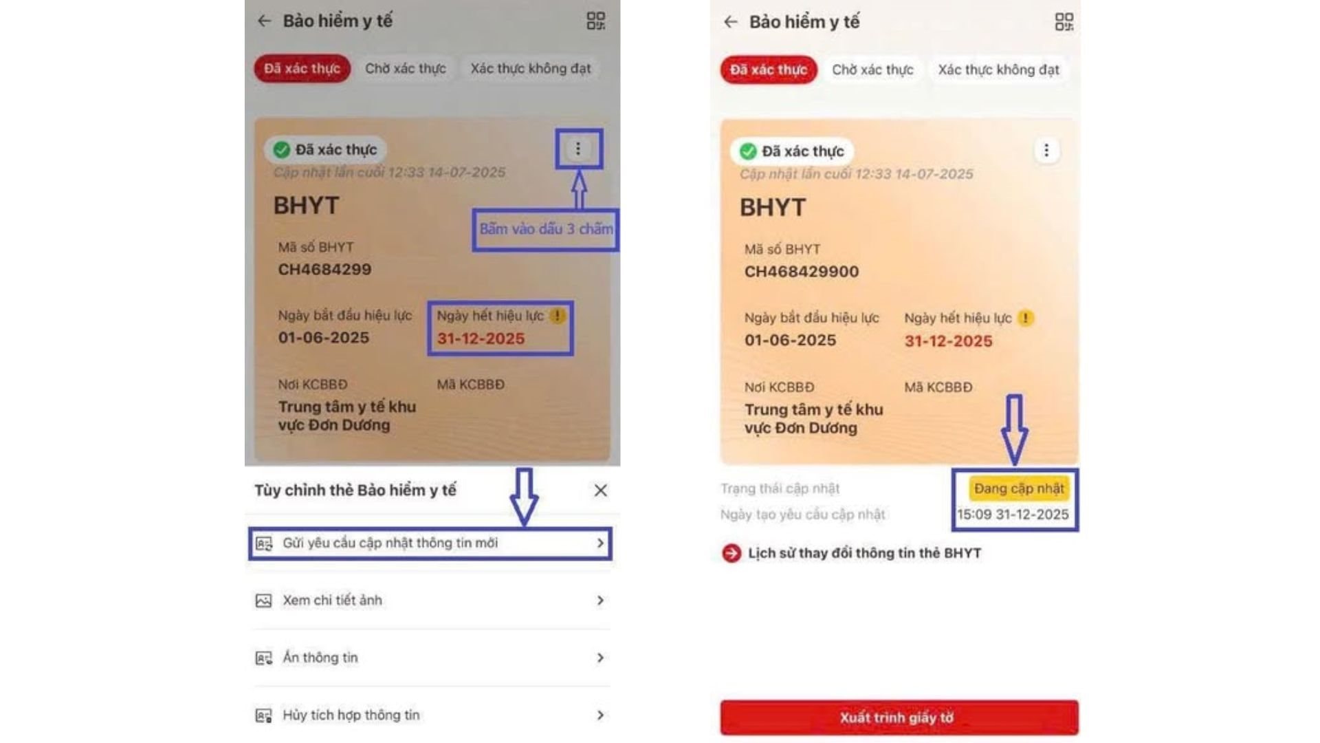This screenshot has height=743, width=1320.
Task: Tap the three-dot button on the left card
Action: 578,149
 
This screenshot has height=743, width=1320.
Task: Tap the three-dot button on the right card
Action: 1046,150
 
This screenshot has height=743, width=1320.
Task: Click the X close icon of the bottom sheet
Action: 600,491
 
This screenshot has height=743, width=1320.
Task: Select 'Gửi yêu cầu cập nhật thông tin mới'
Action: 430,543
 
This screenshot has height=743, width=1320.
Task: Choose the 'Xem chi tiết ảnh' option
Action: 430,601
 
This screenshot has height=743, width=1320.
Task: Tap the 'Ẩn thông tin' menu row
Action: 430,658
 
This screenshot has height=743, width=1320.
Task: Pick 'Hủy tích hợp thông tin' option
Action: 430,715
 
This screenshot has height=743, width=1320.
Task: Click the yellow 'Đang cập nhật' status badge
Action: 1019,488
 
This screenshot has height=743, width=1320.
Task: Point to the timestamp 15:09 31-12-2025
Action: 1013,515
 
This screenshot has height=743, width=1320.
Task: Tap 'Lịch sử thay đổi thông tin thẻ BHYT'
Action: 863,553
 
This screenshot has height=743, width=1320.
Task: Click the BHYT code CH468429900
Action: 802,272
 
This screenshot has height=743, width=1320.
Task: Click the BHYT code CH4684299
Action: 324,270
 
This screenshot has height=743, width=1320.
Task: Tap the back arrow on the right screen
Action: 731,22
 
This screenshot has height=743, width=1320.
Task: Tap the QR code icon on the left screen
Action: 595,21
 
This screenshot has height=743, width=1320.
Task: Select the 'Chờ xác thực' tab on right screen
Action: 872,69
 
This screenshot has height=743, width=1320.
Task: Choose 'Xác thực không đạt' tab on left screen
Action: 530,69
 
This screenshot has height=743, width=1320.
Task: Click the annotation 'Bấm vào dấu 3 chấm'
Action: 545,229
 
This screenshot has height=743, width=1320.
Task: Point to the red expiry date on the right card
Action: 948,341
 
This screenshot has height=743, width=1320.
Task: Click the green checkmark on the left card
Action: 281,149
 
